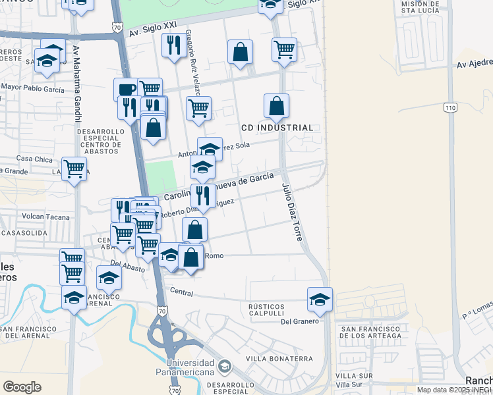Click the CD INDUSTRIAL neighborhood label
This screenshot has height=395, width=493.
tap(276, 128)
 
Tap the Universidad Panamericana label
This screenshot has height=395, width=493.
tap(190, 368)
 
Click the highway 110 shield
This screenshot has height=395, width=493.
tap(451, 107)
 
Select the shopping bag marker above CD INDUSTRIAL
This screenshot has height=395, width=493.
tap(277, 105)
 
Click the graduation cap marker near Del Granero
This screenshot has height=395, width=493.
tap(320, 299)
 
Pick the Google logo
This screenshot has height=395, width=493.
tap(22, 387)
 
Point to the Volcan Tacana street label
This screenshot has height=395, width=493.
tap(45, 215)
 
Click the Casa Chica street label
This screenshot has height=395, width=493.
tap(34, 159)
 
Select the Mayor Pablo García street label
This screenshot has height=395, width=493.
tap(32, 88)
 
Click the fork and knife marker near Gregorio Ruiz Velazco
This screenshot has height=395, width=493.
tap(173, 45)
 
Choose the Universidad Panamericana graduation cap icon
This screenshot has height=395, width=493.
tap(225, 365)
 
